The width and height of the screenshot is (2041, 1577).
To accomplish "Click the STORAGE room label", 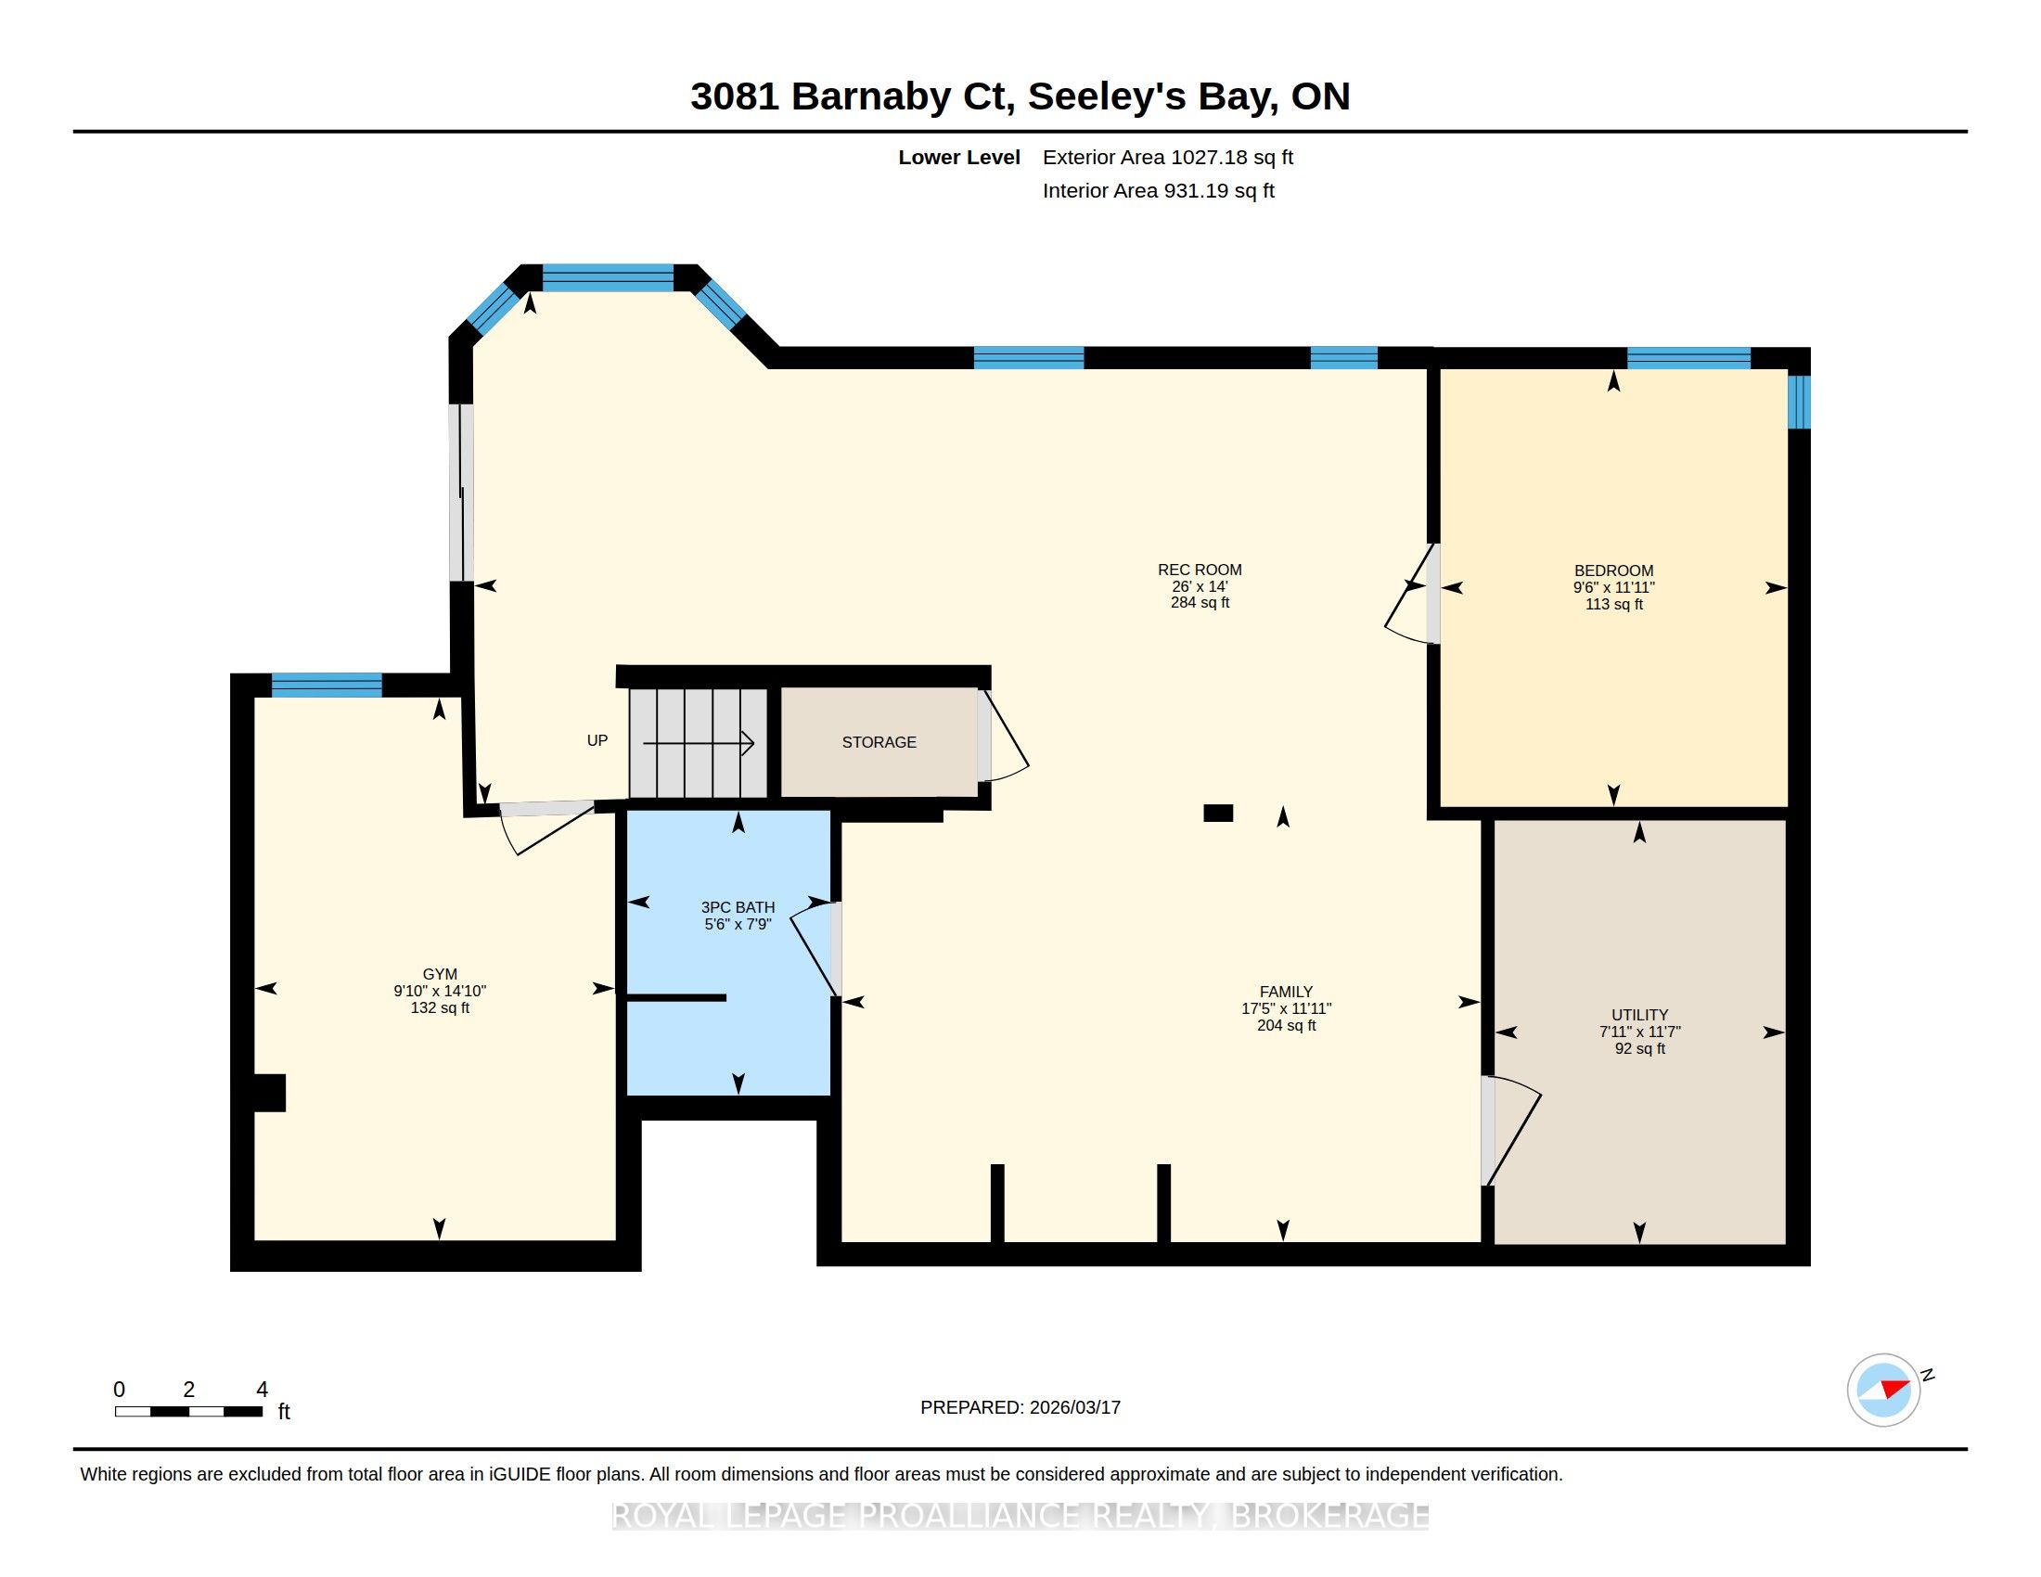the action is [x=879, y=742].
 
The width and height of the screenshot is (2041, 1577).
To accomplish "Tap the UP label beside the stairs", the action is [x=597, y=740].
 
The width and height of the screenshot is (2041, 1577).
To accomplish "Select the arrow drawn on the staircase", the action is [x=698, y=744].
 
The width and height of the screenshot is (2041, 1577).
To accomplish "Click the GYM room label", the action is [x=439, y=973].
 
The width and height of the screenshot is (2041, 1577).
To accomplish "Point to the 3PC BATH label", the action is [x=738, y=907].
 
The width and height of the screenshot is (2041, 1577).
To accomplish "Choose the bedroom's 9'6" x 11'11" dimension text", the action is [x=1613, y=587].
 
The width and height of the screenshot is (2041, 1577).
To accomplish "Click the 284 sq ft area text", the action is [x=1200, y=603].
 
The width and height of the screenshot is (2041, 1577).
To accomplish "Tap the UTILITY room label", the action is [x=1639, y=1015].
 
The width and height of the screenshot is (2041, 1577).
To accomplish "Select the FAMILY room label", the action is [x=1286, y=992].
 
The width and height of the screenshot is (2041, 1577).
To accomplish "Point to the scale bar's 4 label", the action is [x=263, y=1390].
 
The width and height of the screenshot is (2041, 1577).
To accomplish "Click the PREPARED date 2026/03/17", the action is [x=1073, y=1407].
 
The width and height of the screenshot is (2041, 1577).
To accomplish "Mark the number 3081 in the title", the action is [x=735, y=96].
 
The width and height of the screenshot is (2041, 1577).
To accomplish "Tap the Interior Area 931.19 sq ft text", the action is [x=1158, y=190].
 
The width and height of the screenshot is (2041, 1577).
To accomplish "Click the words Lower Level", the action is [x=959, y=157].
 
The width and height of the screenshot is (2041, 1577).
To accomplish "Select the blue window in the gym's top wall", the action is [x=327, y=685].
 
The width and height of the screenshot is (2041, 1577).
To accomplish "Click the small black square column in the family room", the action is [x=1218, y=813].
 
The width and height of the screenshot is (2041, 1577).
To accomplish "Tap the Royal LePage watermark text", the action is [x=1020, y=1517].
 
